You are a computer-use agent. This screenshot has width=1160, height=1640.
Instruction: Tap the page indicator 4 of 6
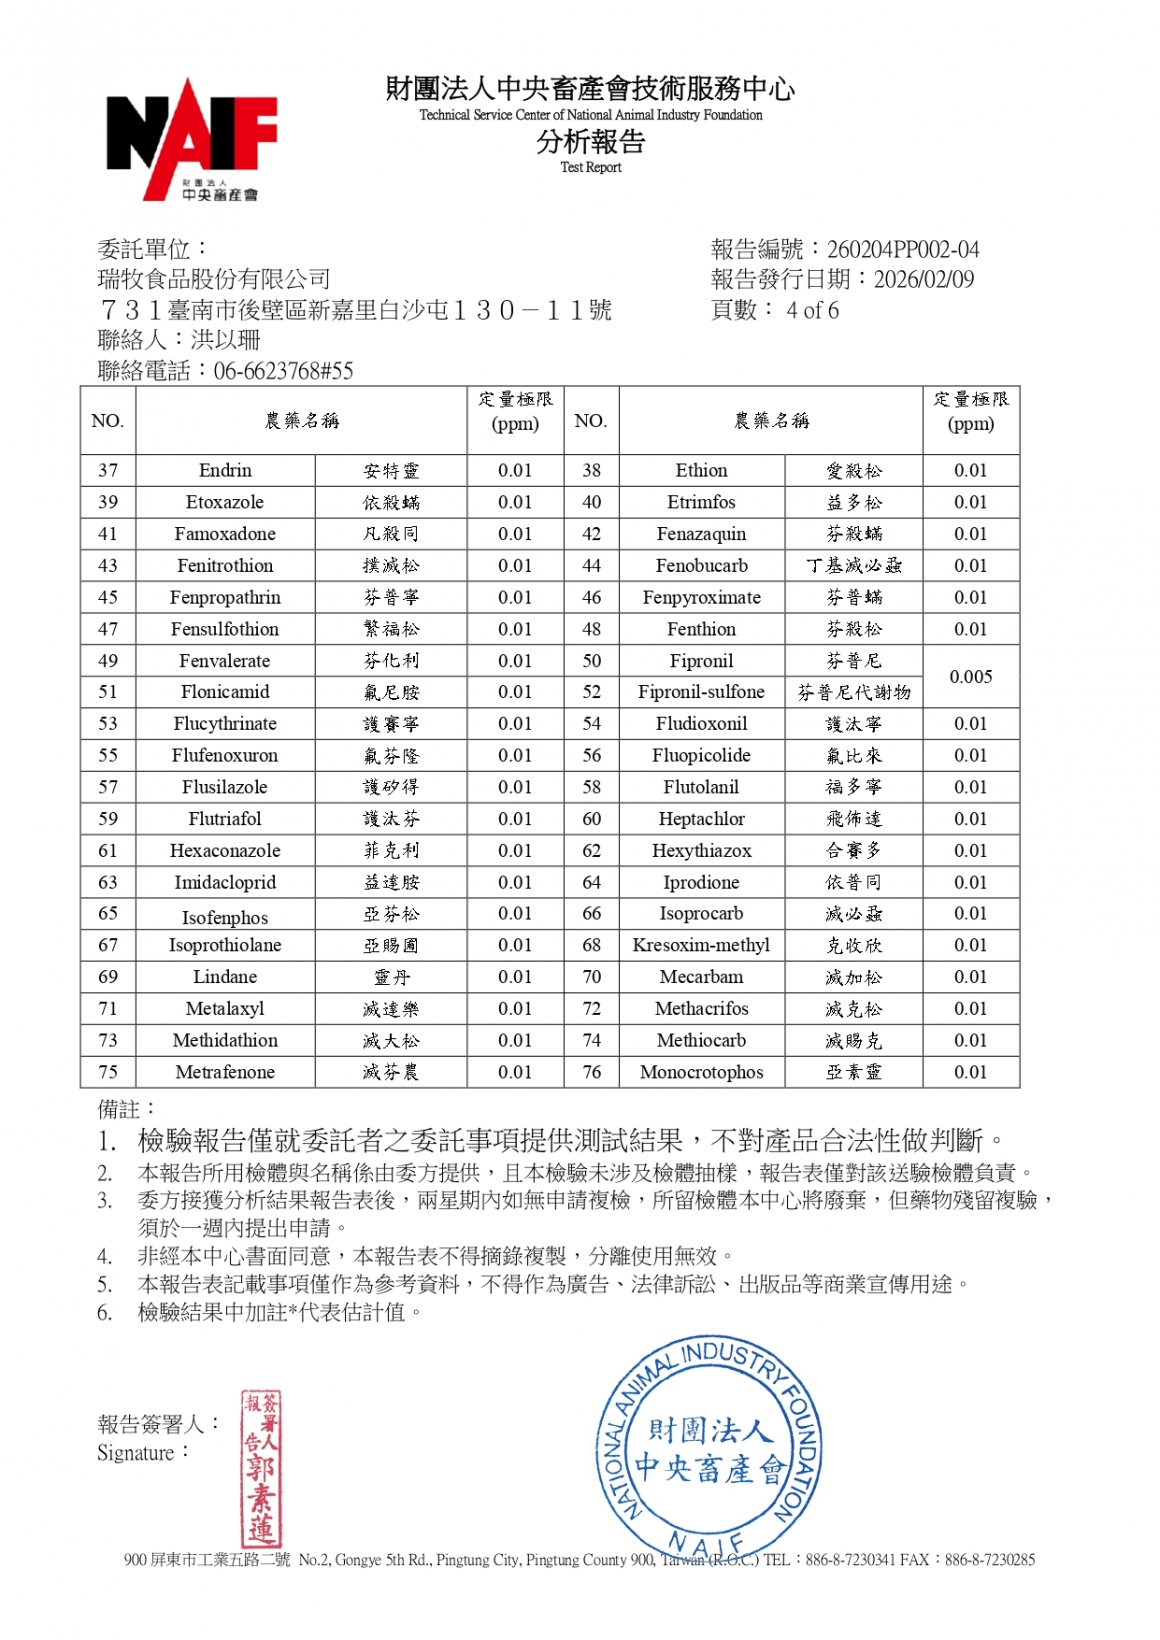tap(812, 310)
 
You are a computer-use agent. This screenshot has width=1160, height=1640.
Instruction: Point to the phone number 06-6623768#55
tap(283, 371)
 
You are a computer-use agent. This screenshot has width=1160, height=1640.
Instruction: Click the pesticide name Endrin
tap(225, 470)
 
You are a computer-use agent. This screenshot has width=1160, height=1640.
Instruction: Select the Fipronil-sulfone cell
tap(701, 692)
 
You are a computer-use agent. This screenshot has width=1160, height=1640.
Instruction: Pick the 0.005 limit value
tap(970, 677)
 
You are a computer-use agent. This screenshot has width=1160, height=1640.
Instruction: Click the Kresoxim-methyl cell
tap(701, 945)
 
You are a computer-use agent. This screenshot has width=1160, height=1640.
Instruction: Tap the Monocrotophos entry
tap(701, 1072)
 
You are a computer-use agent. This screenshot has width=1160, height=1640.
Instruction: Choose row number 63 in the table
tap(108, 882)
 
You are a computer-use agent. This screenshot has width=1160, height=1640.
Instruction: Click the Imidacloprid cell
tap(225, 882)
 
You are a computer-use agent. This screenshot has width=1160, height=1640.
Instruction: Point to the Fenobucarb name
tap(701, 565)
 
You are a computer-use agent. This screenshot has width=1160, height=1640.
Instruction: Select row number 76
tap(592, 1072)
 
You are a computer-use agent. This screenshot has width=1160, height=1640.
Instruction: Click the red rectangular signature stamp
tap(262, 1468)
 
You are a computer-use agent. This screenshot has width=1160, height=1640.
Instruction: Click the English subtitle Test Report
tap(590, 168)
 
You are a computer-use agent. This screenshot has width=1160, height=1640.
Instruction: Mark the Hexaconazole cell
tap(225, 851)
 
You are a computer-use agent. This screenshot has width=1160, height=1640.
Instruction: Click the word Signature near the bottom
tap(136, 1453)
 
